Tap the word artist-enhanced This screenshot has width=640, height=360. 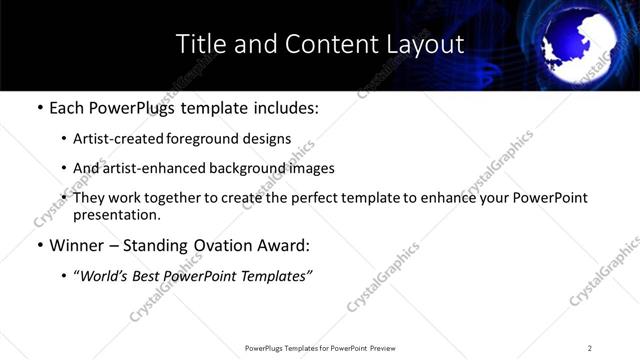[x=150, y=168]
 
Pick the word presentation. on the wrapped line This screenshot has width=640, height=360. [x=116, y=214]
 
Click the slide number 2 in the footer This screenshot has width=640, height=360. [x=590, y=348]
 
